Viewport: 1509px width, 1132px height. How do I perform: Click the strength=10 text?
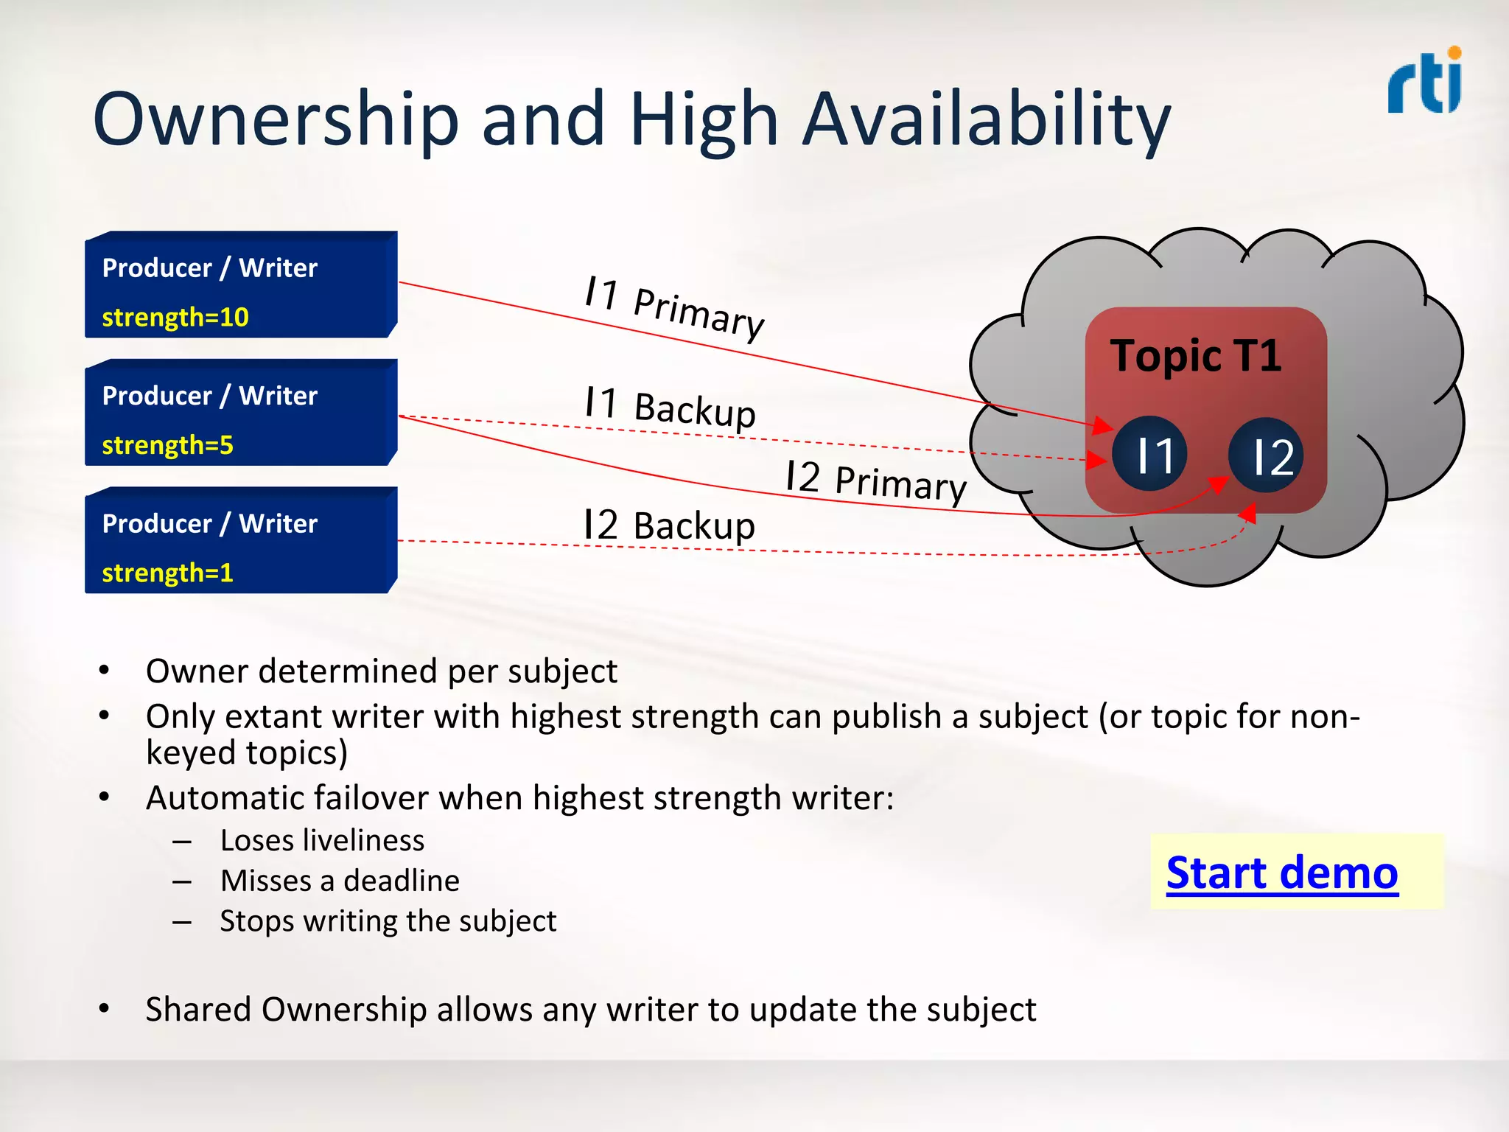click(175, 317)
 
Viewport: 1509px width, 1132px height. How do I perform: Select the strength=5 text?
click(167, 445)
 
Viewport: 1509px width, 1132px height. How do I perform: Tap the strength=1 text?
click(167, 573)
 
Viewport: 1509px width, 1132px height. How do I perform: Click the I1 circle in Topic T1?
click(1149, 454)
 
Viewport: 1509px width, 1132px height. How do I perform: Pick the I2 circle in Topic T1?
click(1266, 455)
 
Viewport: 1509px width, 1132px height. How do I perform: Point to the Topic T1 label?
click(1195, 355)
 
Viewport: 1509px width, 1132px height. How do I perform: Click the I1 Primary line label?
click(674, 307)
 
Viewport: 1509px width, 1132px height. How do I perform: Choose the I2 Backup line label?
click(669, 525)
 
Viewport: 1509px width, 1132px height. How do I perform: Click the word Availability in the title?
click(986, 119)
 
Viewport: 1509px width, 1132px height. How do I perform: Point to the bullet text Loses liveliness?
click(322, 840)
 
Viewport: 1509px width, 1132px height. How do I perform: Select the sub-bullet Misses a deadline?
click(340, 881)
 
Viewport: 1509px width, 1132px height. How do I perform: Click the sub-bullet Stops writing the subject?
click(388, 921)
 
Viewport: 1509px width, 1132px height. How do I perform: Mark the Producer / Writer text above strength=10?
click(209, 268)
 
